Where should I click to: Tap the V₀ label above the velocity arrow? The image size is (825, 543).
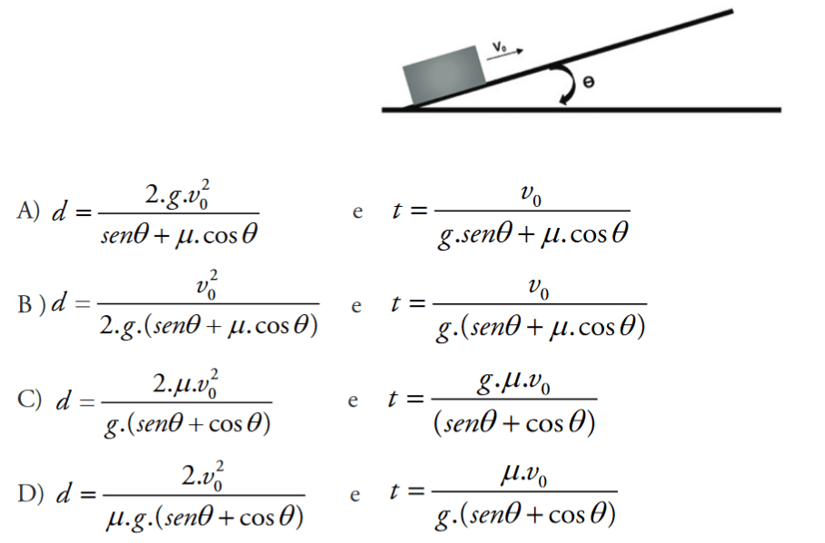pos(499,44)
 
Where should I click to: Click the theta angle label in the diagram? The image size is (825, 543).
pos(588,83)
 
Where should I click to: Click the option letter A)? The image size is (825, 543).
pos(26,212)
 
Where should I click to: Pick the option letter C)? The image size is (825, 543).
pos(27,399)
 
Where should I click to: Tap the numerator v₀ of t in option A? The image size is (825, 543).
pos(532,193)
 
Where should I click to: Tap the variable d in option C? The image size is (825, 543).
pos(63,400)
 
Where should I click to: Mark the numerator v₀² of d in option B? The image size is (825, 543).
pos(207,283)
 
